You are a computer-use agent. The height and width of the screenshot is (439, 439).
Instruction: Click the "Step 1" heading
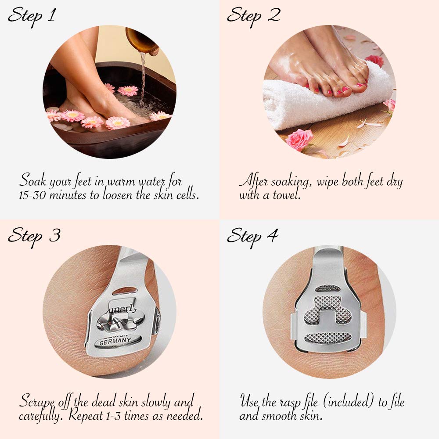pos(32,16)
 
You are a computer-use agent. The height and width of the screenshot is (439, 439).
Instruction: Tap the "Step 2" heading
pos(253,16)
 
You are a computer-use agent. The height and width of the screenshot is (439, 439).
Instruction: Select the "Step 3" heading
pos(33,236)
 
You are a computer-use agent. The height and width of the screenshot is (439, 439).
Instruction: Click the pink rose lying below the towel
pos(299,140)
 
